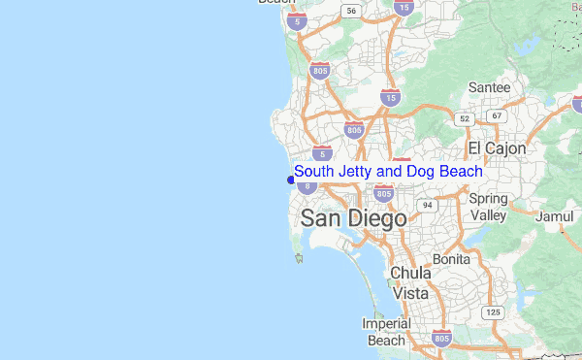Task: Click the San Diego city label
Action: pyautogui.click(x=353, y=219)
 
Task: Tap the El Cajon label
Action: pyautogui.click(x=497, y=148)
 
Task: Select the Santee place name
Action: pyautogui.click(x=489, y=87)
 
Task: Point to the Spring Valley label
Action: pyautogui.click(x=488, y=207)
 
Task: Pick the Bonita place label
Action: pyautogui.click(x=451, y=260)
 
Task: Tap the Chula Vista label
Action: pyautogui.click(x=409, y=282)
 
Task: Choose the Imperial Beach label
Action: pyautogui.click(x=385, y=332)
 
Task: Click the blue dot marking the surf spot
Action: pyautogui.click(x=290, y=180)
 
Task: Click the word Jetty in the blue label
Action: pyautogui.click(x=355, y=172)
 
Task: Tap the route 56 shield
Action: pyautogui.click(x=351, y=11)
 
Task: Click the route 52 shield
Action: pyautogui.click(x=465, y=118)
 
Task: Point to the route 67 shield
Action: pyautogui.click(x=498, y=116)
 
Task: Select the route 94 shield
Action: pyautogui.click(x=428, y=205)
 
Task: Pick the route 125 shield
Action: pyautogui.click(x=494, y=311)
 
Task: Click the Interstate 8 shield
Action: pyautogui.click(x=307, y=185)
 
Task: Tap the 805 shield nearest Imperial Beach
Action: pyautogui.click(x=441, y=339)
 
